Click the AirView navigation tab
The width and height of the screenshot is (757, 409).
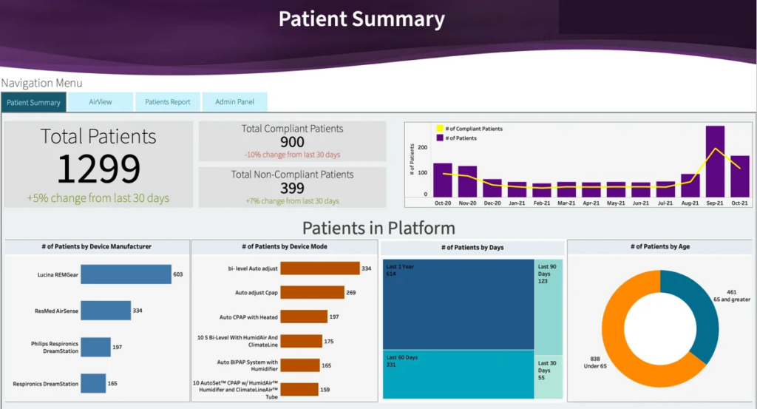[101, 102]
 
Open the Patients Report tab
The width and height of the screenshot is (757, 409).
[167, 102]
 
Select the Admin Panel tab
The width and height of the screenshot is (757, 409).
[234, 102]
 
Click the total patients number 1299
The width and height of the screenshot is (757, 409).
[98, 169]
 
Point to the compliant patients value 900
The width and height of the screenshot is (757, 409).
[292, 142]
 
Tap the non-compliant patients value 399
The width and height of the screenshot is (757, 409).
[292, 188]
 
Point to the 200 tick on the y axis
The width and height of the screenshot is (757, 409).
[423, 147]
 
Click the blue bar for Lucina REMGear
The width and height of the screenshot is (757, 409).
[126, 274]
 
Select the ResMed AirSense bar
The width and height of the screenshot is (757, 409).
[105, 311]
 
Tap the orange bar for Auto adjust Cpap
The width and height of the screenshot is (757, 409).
[311, 293]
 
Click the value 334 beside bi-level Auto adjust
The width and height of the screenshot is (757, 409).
[366, 268]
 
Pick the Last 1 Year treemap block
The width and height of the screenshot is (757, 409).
[458, 303]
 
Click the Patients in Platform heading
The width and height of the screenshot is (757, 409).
[378, 228]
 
